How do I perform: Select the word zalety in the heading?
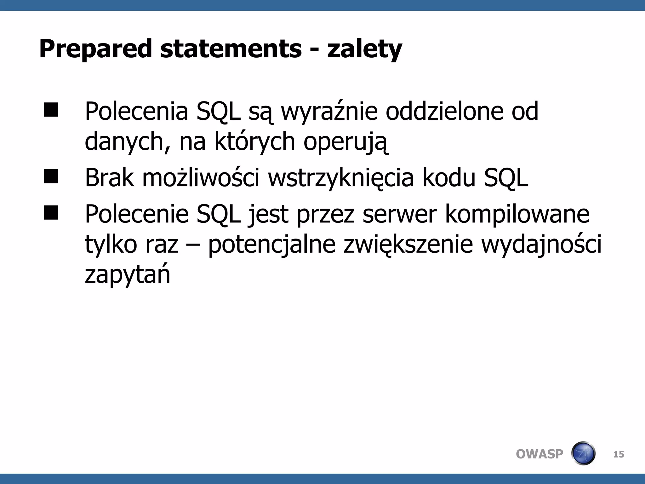pos(364,49)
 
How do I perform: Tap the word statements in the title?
pos(231,49)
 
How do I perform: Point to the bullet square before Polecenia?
pos(51,110)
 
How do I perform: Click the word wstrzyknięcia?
pos(341,178)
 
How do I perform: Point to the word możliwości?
pos(201,178)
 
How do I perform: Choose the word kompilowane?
pos(517,214)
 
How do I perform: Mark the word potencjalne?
pos(272,245)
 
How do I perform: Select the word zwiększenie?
pos(408,245)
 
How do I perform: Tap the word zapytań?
pos(128,275)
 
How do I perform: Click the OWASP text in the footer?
pos(539,454)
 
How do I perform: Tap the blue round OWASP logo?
pos(583,453)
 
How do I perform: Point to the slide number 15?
pos(619,454)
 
